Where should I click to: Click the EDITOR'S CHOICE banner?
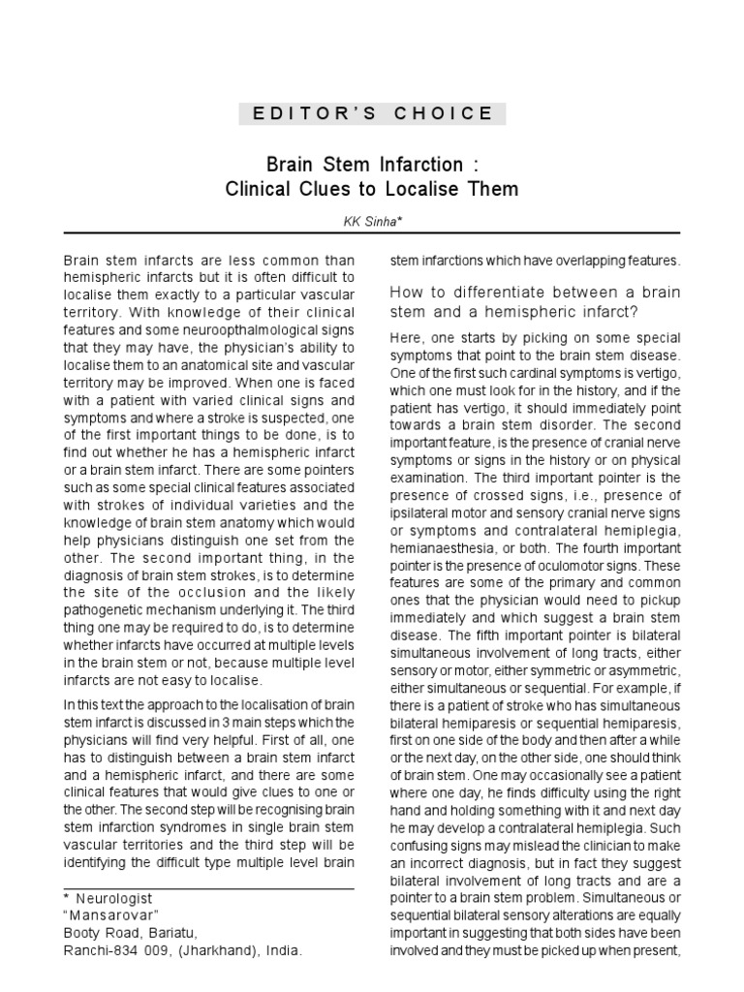coord(372,113)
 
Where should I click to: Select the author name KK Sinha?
coord(372,222)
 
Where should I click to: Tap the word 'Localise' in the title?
coord(431,189)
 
